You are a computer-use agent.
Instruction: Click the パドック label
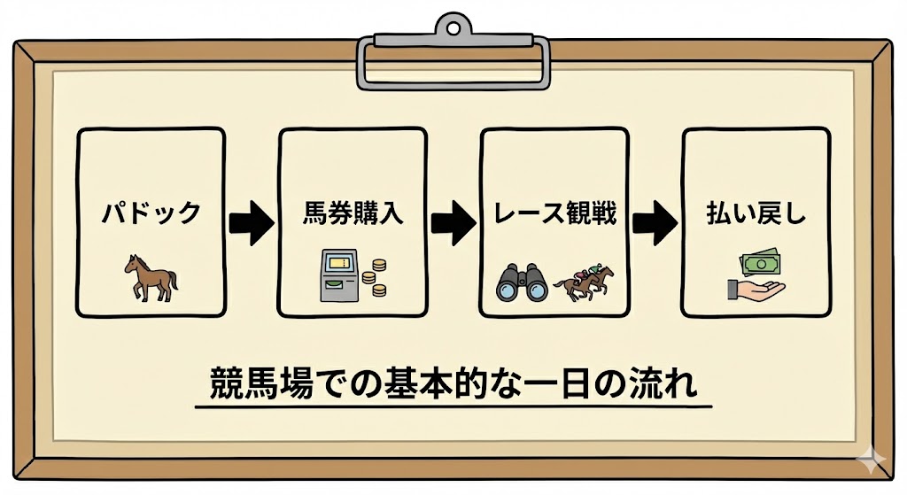click(x=150, y=213)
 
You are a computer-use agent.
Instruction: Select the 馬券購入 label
click(x=352, y=213)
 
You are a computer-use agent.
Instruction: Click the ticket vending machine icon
click(x=337, y=275)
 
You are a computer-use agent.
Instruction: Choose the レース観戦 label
click(x=554, y=213)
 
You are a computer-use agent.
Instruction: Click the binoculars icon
click(x=522, y=282)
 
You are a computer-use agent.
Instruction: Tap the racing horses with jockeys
click(x=585, y=281)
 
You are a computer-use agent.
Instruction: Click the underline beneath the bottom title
click(x=453, y=407)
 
